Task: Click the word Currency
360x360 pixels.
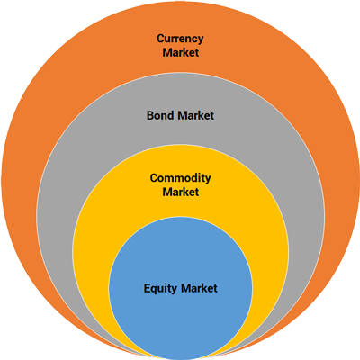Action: (180, 39)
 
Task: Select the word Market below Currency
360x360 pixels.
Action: (181, 52)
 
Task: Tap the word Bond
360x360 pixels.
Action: (160, 115)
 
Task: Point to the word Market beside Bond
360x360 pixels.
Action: (195, 115)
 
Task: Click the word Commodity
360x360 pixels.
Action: (180, 179)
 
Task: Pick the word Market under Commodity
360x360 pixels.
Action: (181, 192)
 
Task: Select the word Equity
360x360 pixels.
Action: (160, 289)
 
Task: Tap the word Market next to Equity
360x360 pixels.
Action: (199, 288)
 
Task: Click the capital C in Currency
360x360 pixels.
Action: (161, 39)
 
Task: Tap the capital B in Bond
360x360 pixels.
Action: (150, 115)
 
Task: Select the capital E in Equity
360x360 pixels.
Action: (147, 288)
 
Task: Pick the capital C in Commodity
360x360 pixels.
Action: (154, 178)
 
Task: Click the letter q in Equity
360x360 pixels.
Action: (155, 290)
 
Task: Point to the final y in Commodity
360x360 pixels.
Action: (208, 180)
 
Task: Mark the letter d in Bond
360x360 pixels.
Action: (170, 115)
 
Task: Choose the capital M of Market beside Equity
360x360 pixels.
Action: (186, 288)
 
